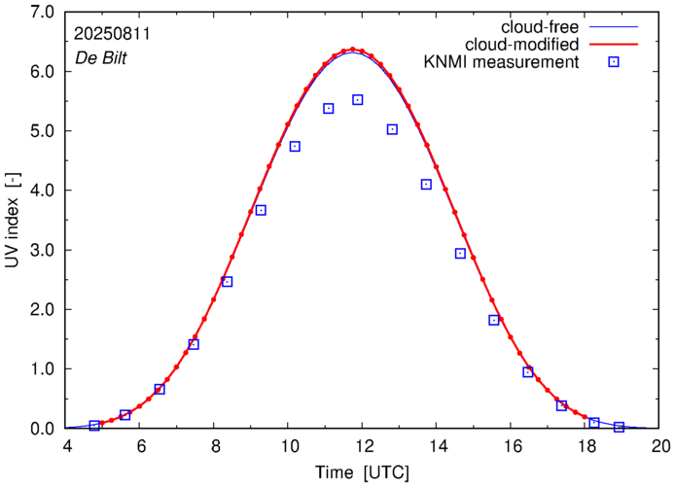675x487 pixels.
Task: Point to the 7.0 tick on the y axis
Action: [x=42, y=12]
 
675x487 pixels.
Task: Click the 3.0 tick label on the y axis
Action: [x=42, y=250]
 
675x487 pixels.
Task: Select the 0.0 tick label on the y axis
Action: [x=42, y=429]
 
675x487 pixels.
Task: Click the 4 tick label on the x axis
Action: [x=67, y=447]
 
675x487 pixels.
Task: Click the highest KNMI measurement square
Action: [x=358, y=99]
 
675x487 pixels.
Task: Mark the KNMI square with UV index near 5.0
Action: [x=392, y=129]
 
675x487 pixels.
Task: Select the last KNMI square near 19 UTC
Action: [x=619, y=427]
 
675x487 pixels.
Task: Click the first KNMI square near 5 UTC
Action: [x=94, y=426]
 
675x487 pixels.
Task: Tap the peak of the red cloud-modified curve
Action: [x=352, y=49]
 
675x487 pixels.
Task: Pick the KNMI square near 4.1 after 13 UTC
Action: [x=426, y=185]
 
